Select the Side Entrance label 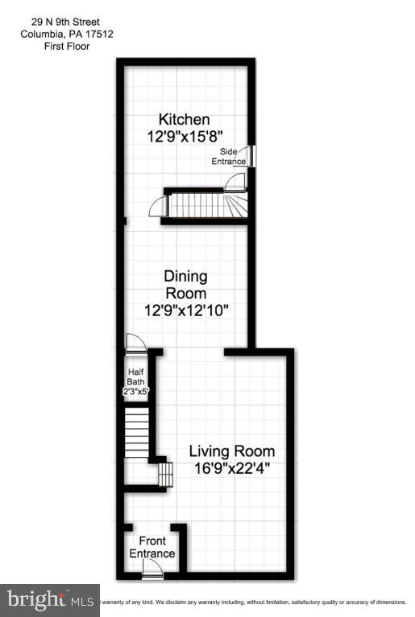[x=229, y=156]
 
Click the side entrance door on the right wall [x=251, y=156]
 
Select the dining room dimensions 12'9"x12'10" [x=187, y=311]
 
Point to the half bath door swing [x=135, y=344]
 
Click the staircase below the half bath [x=137, y=434]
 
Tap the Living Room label [x=232, y=451]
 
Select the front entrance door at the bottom [x=151, y=569]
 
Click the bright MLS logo [x=49, y=599]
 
